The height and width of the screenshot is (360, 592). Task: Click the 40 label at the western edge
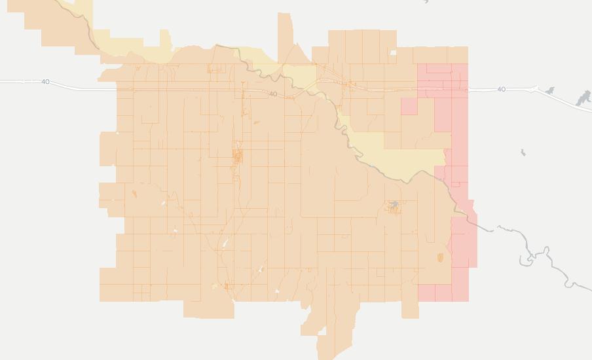[x=45, y=82]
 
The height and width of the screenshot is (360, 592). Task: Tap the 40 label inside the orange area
[x=272, y=94]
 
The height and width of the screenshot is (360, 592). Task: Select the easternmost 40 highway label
[x=501, y=89]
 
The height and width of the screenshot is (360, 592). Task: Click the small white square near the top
[x=393, y=53]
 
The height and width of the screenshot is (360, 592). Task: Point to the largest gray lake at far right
[x=583, y=99]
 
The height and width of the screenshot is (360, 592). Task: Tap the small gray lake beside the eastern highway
[x=549, y=91]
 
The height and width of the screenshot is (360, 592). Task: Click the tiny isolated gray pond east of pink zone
[x=523, y=153]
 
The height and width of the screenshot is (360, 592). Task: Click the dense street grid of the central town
[x=237, y=156]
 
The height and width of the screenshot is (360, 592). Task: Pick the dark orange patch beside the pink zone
[x=439, y=257]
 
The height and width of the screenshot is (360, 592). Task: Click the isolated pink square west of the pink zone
[x=409, y=106]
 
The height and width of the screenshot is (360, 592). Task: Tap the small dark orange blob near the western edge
[x=134, y=194]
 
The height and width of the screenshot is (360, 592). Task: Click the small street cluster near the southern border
[x=227, y=286]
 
